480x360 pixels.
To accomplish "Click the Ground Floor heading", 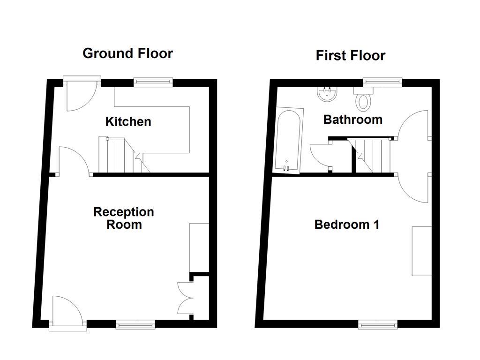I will pyautogui.click(x=127, y=53).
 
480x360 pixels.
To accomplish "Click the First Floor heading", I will pyautogui.click(x=350, y=55).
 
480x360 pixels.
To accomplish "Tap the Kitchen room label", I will pyautogui.click(x=128, y=122).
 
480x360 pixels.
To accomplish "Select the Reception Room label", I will pyautogui.click(x=124, y=218).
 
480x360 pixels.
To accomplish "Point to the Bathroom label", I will pyautogui.click(x=353, y=120).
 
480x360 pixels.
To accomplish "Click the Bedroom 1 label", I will pyautogui.click(x=347, y=225).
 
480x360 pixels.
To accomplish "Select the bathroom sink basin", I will pyautogui.click(x=327, y=95).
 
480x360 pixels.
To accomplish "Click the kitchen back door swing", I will pyautogui.click(x=80, y=96).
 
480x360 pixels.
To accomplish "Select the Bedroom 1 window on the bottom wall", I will pyautogui.click(x=378, y=324).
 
